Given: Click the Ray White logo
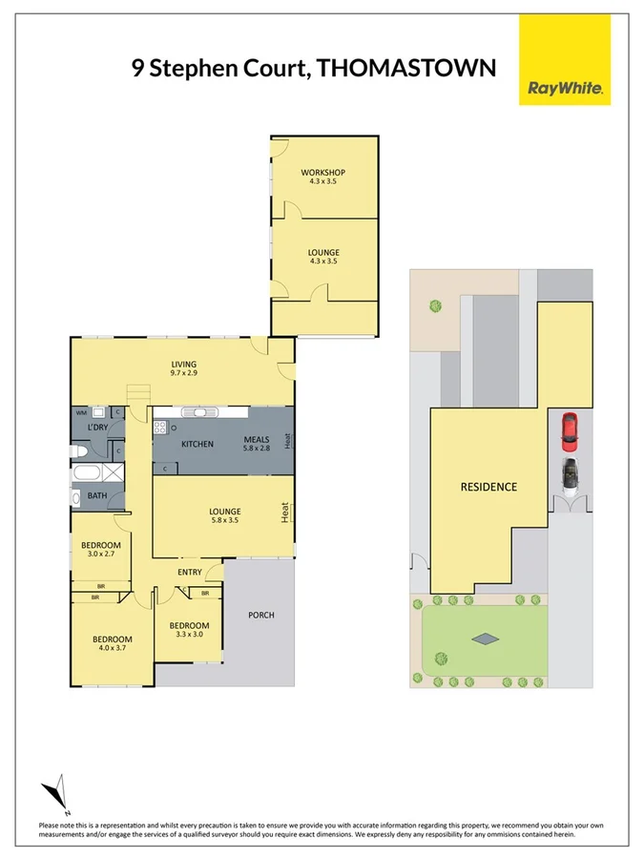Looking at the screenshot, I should pos(566,59).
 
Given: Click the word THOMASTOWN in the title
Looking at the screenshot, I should pos(406,68).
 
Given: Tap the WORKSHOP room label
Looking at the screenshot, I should pos(322,173).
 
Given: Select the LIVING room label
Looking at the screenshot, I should pos(183,365).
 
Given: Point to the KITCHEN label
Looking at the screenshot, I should pos(197,445).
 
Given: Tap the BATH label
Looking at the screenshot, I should pos(97,496).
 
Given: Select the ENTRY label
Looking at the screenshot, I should pos(189,572).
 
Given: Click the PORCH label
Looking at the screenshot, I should pos(260,615).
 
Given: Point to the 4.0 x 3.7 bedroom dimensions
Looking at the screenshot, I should pos(112,649).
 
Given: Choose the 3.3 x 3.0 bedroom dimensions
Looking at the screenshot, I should pos(188,634).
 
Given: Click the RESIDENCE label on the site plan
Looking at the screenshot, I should pos(488,487).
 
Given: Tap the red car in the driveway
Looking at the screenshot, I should pos(569,431).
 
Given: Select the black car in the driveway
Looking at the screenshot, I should pos(570,473).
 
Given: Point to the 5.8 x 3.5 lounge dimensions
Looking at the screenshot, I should pos(225,521).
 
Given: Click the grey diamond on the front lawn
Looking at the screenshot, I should pos(486,639).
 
